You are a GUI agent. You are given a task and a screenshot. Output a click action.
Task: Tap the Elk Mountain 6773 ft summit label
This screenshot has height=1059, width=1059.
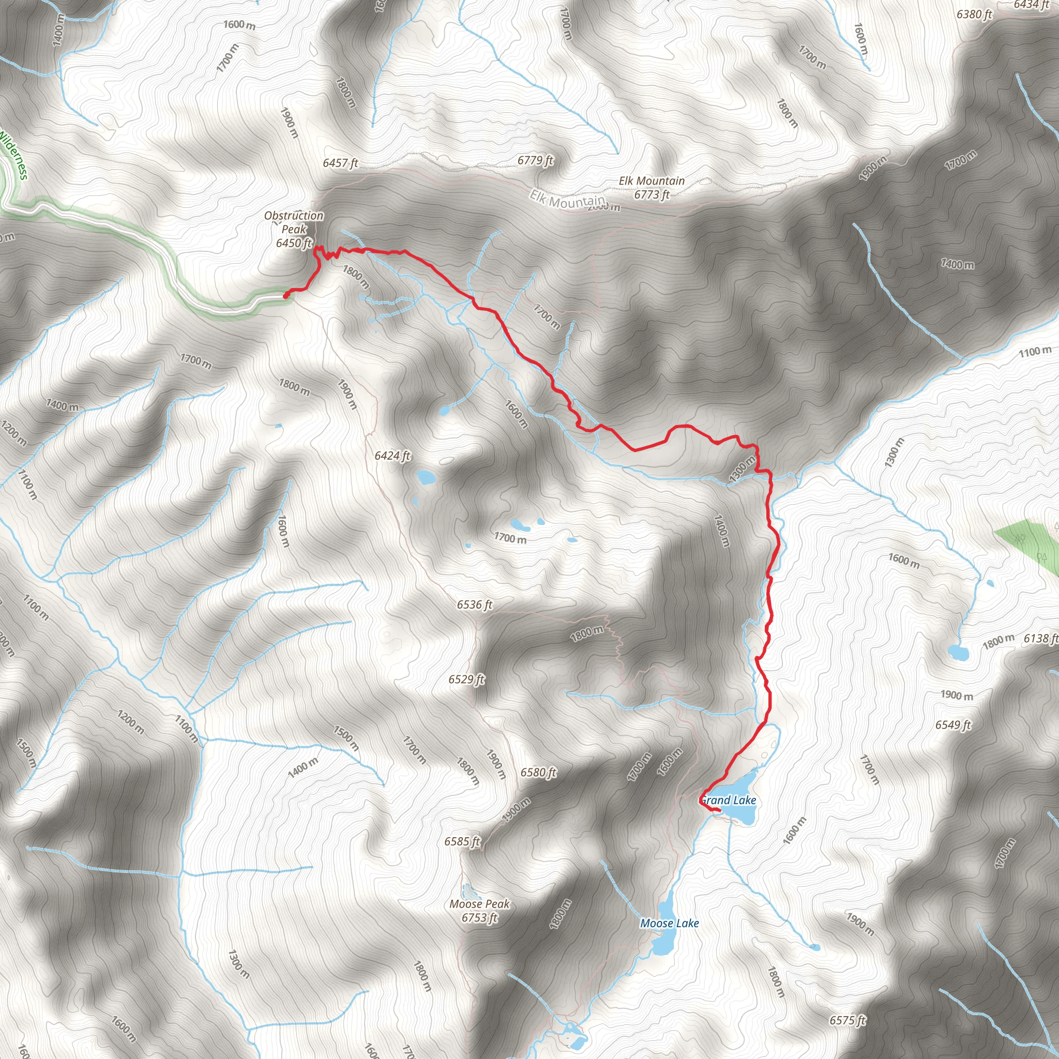[x=652, y=188]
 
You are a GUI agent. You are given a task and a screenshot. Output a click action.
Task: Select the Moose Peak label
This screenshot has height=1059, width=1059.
[x=480, y=911]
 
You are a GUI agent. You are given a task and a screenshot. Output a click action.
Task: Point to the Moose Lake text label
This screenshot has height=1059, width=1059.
[x=669, y=923]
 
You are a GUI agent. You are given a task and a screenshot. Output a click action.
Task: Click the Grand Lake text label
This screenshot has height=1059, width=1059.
[x=729, y=800]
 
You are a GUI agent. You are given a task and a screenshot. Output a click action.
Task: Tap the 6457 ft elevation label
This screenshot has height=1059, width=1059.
[x=340, y=163]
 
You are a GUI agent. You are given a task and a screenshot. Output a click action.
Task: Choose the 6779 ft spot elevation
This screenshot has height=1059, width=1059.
[x=535, y=160]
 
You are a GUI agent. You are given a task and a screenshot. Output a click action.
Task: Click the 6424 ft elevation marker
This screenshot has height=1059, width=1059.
[x=392, y=456]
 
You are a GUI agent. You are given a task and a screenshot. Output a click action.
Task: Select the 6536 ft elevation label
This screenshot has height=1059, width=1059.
[x=475, y=604]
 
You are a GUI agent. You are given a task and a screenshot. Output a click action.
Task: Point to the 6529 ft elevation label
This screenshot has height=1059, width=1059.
[x=466, y=679]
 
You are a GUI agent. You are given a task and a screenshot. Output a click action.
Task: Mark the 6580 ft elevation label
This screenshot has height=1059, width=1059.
[x=538, y=773]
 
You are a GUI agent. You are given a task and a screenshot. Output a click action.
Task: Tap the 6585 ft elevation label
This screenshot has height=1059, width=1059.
[x=462, y=841]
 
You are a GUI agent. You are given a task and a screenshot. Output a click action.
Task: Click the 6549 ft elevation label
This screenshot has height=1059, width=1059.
[x=952, y=724]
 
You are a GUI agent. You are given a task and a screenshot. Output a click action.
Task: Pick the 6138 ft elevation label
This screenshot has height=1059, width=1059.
[x=1040, y=638]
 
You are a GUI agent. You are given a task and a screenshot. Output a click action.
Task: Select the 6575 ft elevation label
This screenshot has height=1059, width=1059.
[x=848, y=1020]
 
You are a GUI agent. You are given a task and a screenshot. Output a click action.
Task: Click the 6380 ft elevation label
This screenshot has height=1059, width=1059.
[x=974, y=14]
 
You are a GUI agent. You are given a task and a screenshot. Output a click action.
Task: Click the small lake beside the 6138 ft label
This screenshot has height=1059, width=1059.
[x=958, y=653]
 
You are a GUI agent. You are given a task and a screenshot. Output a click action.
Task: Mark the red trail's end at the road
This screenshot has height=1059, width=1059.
[x=285, y=296]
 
